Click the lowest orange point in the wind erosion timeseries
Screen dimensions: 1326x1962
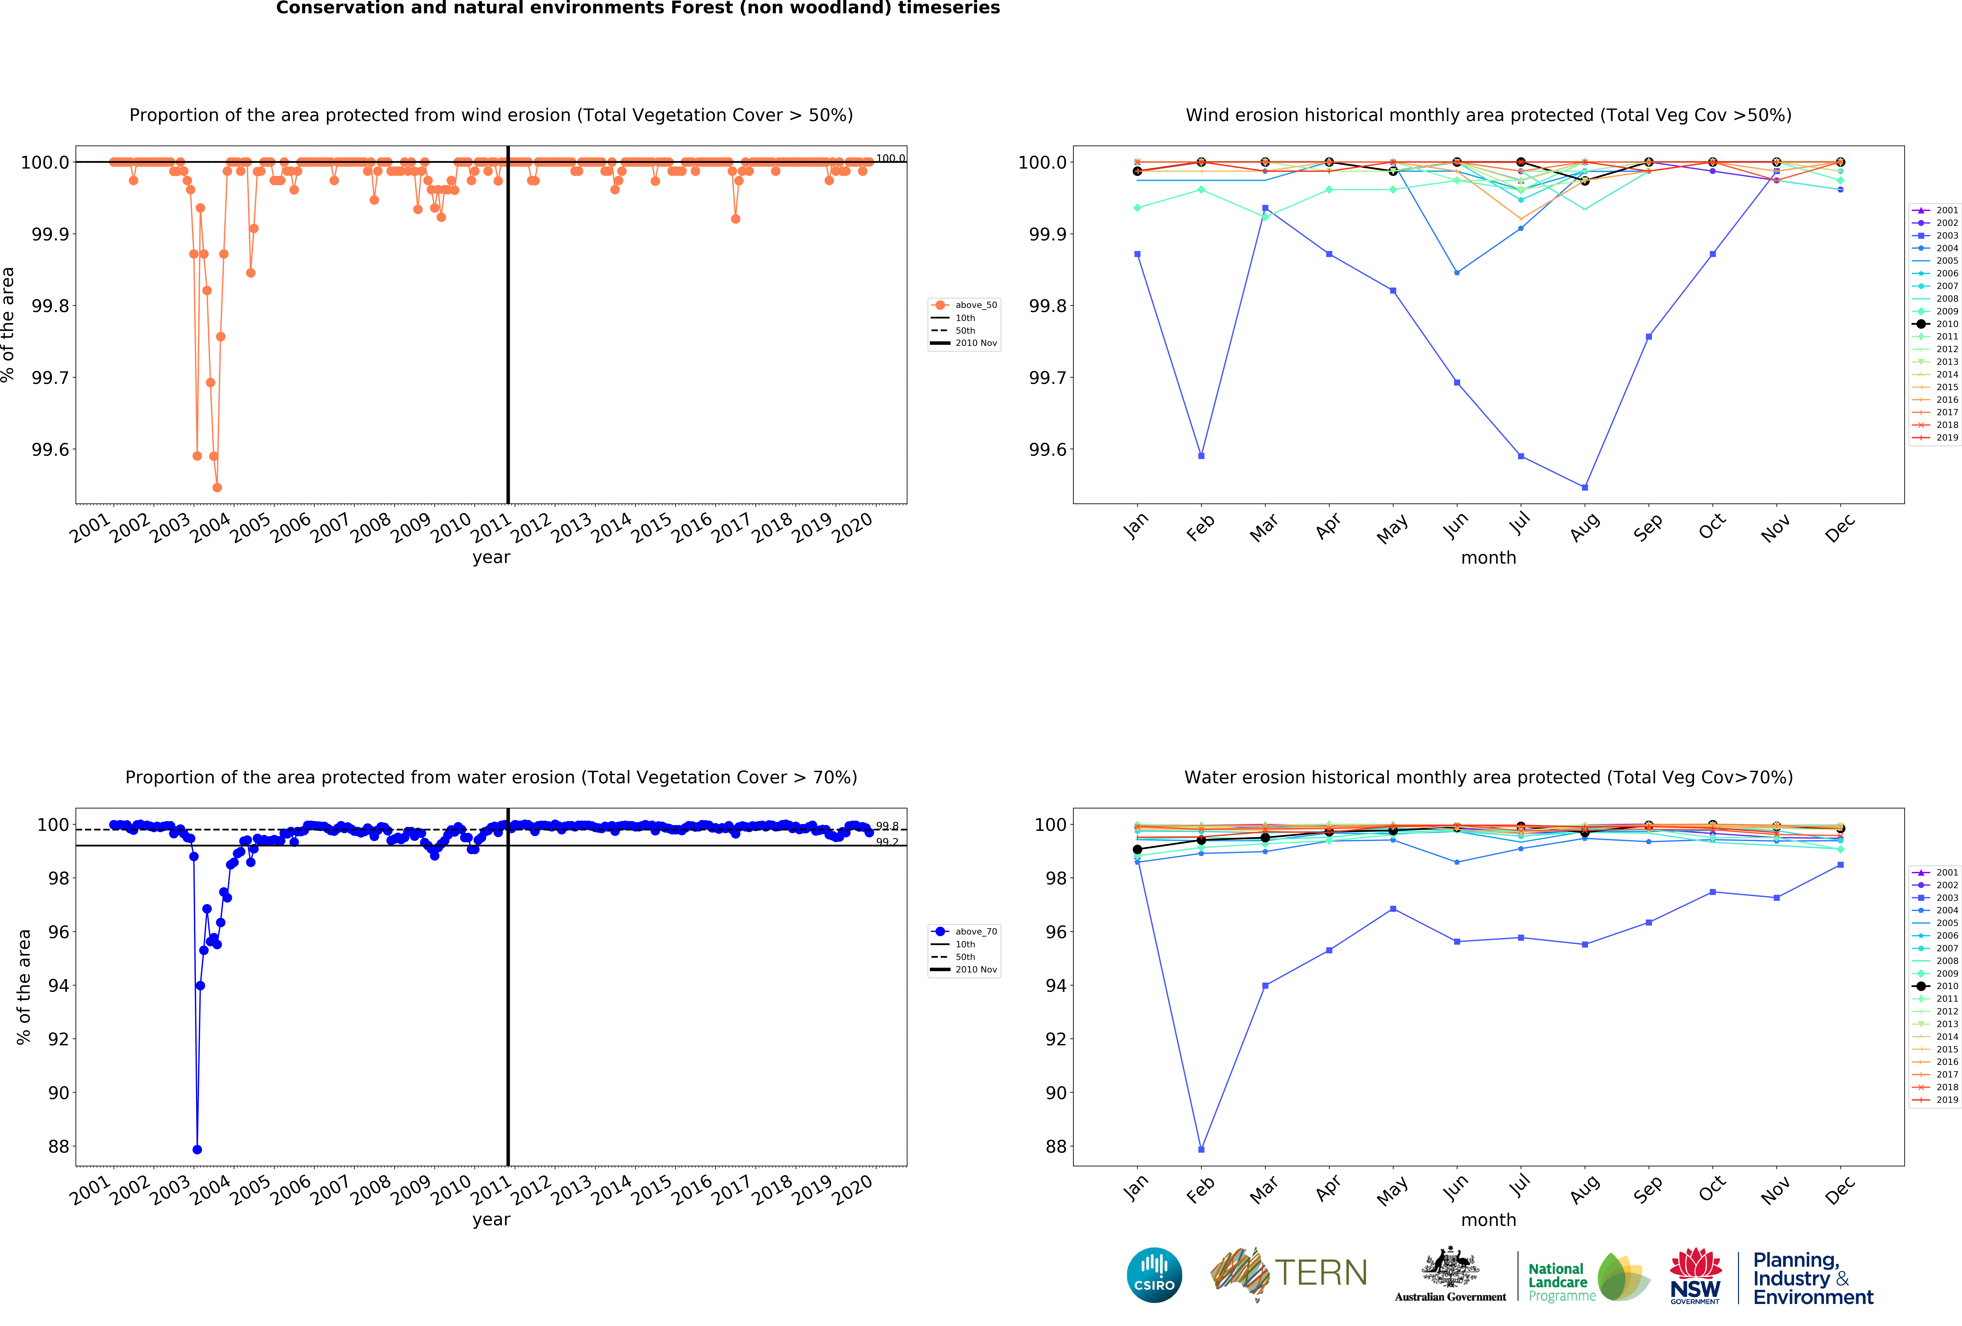coord(217,487)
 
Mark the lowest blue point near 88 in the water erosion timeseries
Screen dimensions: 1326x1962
coord(197,1150)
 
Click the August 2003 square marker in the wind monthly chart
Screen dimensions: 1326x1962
coord(1585,487)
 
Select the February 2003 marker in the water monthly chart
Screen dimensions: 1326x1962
coord(1201,1150)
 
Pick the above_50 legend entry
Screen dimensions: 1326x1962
coord(975,305)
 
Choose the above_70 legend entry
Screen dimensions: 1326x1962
coord(975,932)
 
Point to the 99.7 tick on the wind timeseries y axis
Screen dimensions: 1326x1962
coord(51,377)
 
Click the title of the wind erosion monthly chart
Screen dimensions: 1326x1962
coord(1488,115)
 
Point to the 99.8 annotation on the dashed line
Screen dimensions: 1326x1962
coord(886,826)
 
